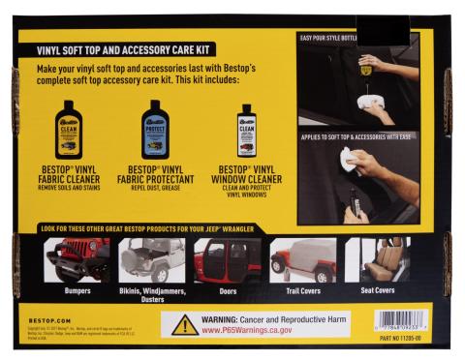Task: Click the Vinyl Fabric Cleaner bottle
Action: (69, 129)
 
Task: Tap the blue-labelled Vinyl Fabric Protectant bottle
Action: (155, 129)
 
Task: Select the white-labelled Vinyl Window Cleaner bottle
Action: (246, 131)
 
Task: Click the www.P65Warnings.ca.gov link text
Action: (254, 330)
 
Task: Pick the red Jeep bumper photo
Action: (77, 258)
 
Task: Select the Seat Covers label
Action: (379, 289)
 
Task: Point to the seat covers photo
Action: (379, 258)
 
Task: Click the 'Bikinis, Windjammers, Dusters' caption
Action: (152, 294)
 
